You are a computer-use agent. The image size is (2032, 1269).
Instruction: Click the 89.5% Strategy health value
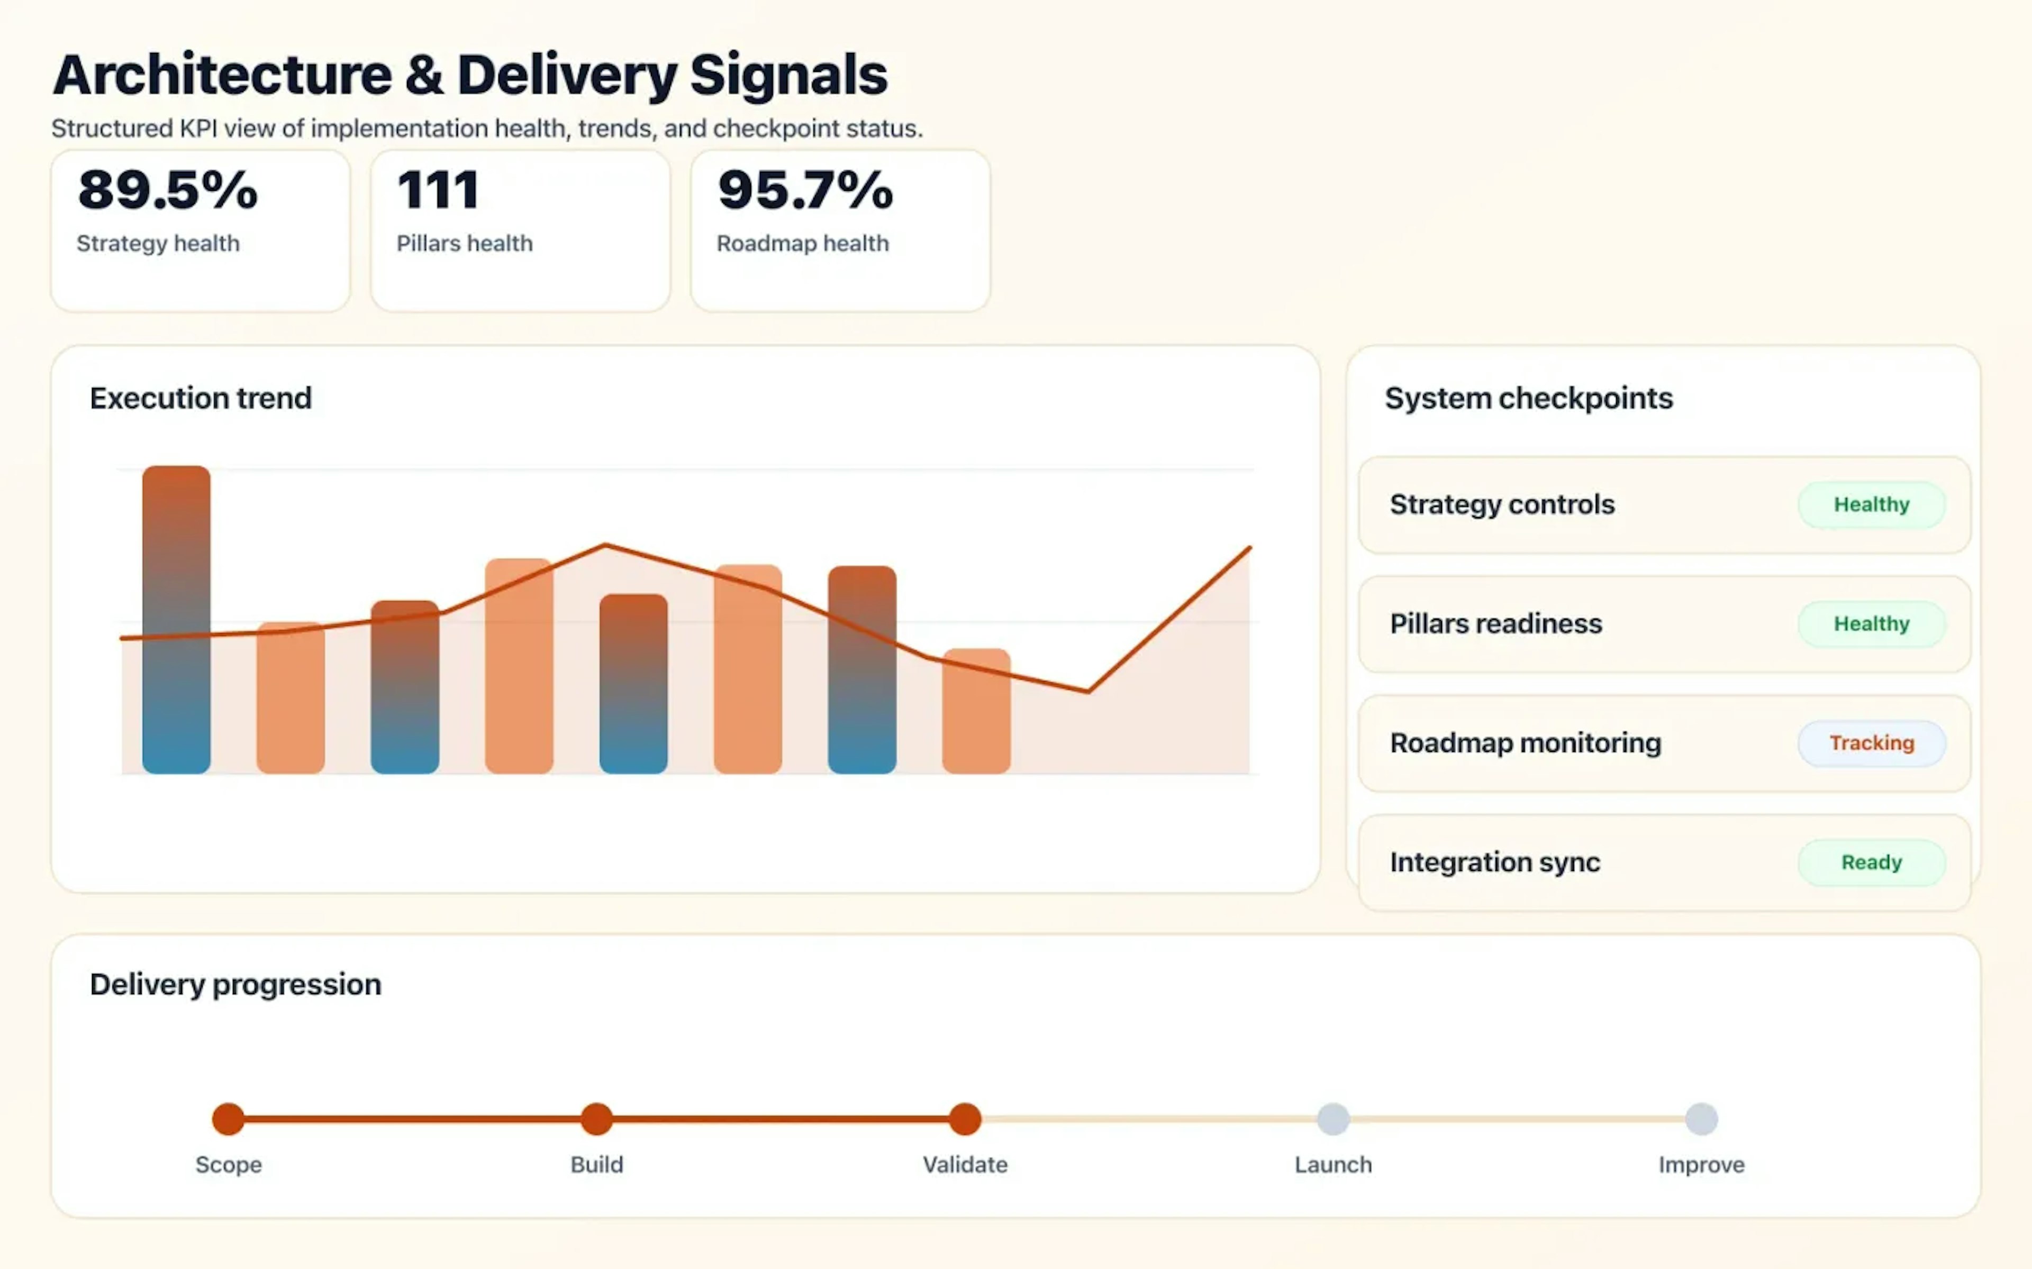(168, 190)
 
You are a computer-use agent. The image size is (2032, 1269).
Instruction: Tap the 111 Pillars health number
(438, 190)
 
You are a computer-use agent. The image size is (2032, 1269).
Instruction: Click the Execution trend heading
(201, 398)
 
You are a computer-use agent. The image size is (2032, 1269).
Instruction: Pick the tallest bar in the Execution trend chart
(176, 619)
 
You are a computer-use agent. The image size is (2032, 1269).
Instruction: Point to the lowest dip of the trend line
(1088, 691)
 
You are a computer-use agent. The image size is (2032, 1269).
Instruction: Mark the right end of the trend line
(1249, 549)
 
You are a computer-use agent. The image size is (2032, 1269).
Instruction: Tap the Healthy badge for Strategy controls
(1871, 504)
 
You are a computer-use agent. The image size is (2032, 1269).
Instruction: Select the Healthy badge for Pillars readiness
(1871, 623)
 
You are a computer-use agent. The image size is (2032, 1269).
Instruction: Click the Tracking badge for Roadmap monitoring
(1871, 743)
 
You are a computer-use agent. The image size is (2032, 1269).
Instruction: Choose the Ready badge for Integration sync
(1871, 862)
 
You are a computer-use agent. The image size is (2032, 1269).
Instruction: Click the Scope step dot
(229, 1119)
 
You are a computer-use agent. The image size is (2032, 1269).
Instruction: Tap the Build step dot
(597, 1119)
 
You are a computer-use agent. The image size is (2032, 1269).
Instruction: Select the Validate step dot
(965, 1119)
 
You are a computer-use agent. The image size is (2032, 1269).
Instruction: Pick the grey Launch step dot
(1332, 1119)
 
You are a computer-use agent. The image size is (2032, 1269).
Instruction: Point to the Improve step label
(1701, 1164)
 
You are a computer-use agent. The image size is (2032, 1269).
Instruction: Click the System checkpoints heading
(1528, 398)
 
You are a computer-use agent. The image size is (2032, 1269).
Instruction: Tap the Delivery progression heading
(235, 983)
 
